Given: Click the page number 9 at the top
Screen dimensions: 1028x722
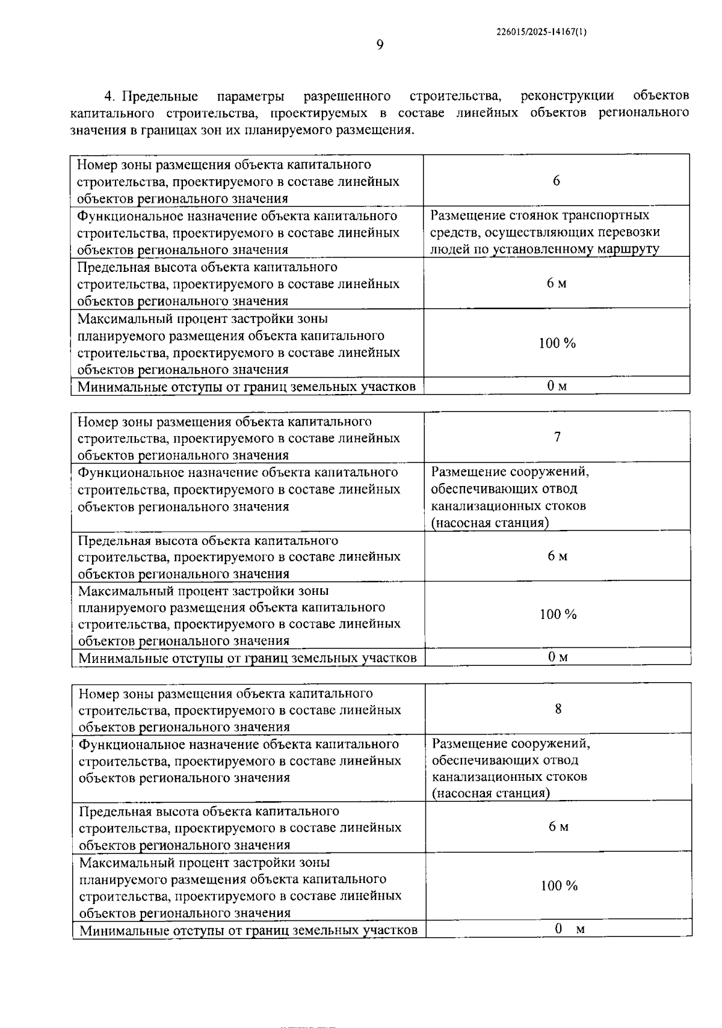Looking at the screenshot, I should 380,45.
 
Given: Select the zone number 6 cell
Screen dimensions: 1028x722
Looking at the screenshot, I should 556,180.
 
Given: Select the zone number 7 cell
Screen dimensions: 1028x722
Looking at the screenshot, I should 557,437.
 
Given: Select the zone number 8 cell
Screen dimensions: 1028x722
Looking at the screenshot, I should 558,709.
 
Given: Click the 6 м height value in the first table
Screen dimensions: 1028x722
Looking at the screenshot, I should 557,283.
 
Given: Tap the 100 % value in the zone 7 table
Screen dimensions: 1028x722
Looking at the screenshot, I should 558,614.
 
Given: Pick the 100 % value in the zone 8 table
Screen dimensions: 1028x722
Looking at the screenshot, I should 558,885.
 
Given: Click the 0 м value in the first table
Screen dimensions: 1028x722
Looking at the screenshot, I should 557,386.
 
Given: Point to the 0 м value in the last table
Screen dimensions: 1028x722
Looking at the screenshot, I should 569,929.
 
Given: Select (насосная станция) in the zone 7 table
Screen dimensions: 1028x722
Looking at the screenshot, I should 490,523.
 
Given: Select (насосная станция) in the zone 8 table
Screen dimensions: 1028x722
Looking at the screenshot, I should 491,793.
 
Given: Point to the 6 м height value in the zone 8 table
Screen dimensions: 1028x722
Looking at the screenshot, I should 558,826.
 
